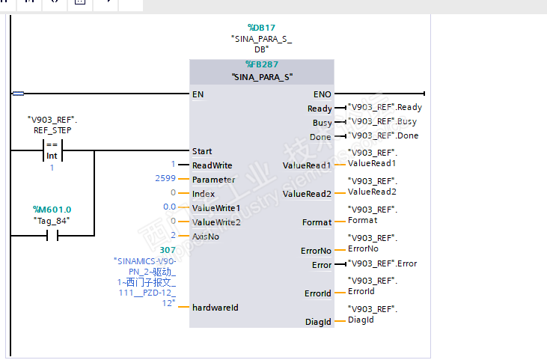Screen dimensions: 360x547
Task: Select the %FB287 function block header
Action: click(x=261, y=64)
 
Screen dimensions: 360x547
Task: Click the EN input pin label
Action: click(x=198, y=94)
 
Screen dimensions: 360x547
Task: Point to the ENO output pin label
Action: click(x=322, y=94)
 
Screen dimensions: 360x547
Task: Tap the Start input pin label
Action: click(x=202, y=151)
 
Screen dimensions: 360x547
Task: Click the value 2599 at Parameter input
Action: click(x=165, y=179)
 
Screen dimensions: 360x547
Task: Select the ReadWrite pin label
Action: click(x=212, y=165)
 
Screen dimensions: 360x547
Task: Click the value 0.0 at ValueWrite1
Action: click(x=169, y=207)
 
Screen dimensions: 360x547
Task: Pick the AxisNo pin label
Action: click(x=207, y=236)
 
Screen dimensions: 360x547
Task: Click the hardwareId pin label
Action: click(x=215, y=307)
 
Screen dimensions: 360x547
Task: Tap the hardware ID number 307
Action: click(x=168, y=250)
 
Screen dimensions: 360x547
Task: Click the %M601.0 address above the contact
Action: click(x=52, y=210)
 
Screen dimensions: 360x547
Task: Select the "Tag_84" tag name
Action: click(x=52, y=220)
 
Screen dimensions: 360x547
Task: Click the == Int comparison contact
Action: click(x=52, y=151)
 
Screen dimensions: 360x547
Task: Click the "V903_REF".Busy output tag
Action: click(x=382, y=121)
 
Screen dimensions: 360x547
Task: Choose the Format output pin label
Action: click(x=317, y=222)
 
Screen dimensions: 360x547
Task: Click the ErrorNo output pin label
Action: click(x=316, y=251)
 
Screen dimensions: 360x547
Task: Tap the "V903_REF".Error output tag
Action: click(x=382, y=263)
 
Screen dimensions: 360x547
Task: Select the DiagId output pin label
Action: click(x=317, y=322)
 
